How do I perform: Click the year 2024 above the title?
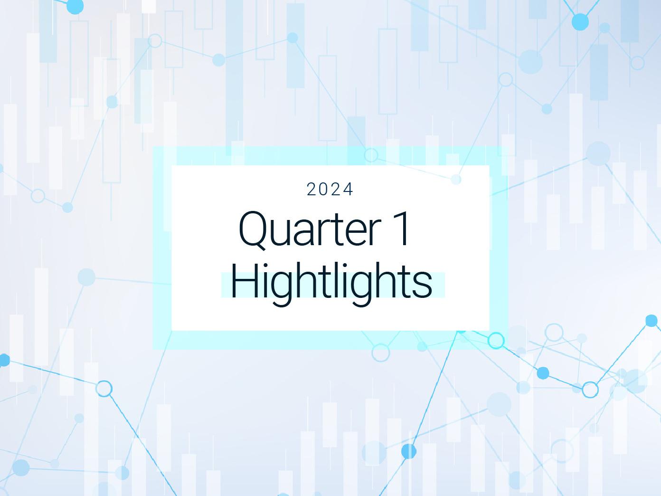[330, 190]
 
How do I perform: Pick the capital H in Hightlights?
[245, 281]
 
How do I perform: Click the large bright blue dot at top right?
[580, 22]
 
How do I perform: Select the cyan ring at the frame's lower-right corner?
[496, 341]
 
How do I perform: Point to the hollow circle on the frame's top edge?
[371, 155]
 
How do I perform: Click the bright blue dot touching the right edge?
[652, 321]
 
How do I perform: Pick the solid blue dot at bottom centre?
[409, 451]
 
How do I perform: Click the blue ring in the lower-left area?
[104, 389]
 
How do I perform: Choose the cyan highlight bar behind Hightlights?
[333, 285]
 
